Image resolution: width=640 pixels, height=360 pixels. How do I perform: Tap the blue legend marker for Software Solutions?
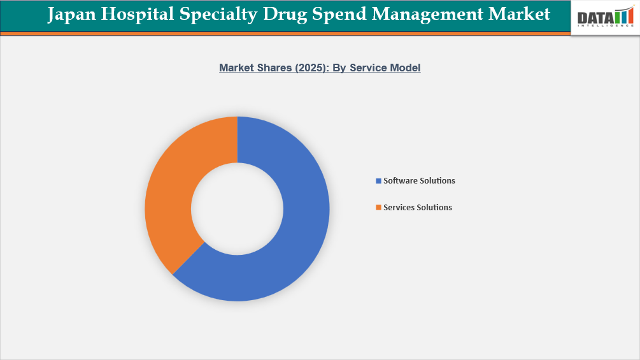378,181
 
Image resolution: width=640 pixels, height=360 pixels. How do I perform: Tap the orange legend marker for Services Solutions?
378,208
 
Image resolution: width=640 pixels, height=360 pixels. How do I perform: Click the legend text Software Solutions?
419,181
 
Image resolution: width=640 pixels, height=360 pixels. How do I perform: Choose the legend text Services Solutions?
418,208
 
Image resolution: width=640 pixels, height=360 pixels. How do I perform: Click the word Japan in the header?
71,15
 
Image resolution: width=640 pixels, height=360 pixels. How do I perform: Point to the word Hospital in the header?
136,15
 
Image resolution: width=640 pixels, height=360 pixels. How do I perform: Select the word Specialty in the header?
217,15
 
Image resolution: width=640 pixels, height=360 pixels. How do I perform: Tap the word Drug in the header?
283,15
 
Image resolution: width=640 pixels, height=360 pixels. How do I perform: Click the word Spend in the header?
335,15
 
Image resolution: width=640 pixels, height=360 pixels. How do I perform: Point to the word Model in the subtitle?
406,68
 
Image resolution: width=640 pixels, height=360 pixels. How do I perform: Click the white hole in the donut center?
237,209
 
